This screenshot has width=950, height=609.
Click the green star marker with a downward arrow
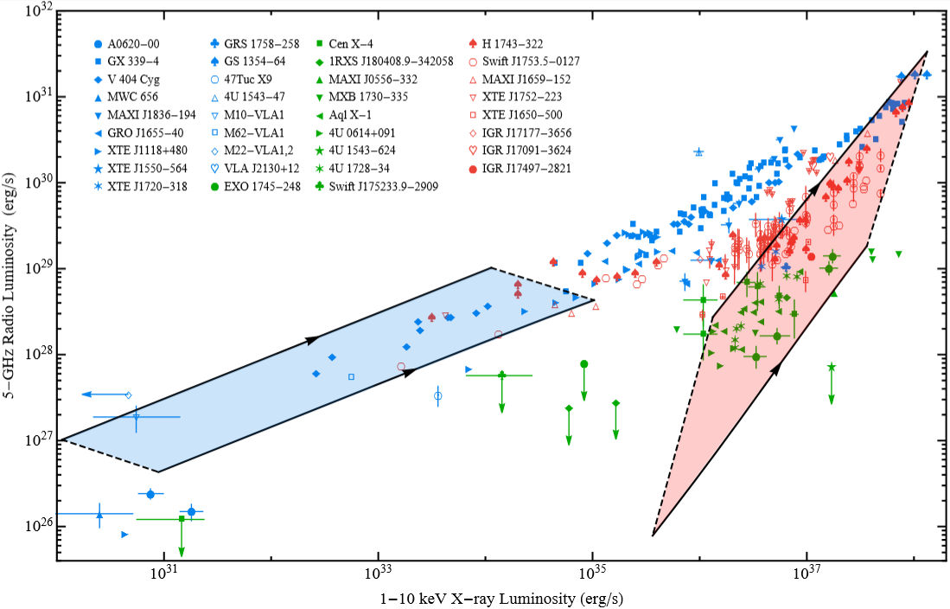point(831,368)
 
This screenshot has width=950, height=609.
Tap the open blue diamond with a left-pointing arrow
point(128,394)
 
